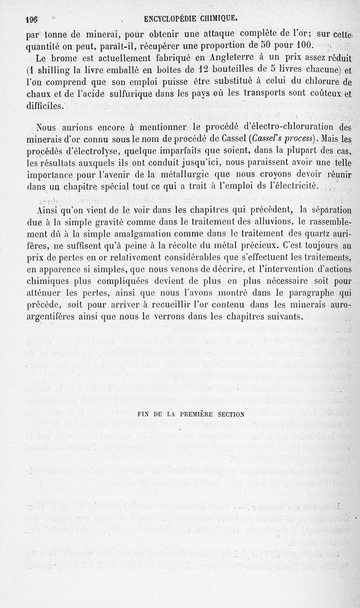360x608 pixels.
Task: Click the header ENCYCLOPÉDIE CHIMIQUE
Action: point(190,19)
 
